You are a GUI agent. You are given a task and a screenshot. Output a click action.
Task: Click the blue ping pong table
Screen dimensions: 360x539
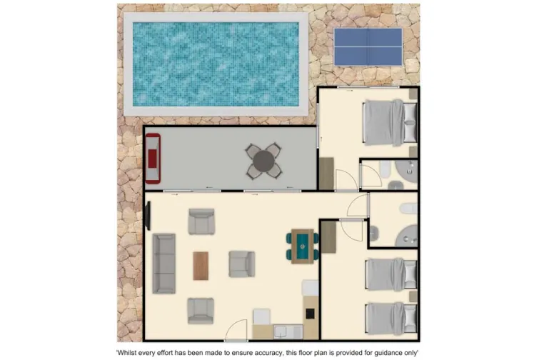click(368, 46)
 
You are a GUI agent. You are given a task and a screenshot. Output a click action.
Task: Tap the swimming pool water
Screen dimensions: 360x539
click(216, 62)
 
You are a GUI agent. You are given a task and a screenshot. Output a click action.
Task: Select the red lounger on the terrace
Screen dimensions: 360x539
click(153, 159)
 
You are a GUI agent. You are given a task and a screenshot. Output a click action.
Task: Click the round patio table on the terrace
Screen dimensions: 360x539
click(263, 161)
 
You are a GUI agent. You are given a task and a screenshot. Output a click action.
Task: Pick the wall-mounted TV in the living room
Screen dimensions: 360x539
click(148, 213)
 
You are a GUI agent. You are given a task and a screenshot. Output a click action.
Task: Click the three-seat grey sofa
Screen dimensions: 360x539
click(164, 263)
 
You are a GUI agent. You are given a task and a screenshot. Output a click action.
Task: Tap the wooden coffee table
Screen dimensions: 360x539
click(201, 265)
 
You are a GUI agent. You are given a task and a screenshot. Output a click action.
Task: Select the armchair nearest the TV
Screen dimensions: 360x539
click(201, 221)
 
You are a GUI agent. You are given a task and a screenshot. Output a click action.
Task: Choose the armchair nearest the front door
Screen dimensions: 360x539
click(201, 310)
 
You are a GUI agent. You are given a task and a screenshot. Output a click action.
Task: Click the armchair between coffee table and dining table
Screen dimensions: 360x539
click(241, 264)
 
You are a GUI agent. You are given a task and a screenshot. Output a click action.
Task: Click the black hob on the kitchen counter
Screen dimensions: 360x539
click(311, 313)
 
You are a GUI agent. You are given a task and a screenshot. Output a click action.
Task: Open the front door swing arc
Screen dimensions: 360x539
click(236, 331)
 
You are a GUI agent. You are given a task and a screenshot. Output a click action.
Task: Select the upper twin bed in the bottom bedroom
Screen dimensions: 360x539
click(391, 274)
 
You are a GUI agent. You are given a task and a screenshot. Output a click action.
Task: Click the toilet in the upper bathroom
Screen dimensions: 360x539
click(385, 170)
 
